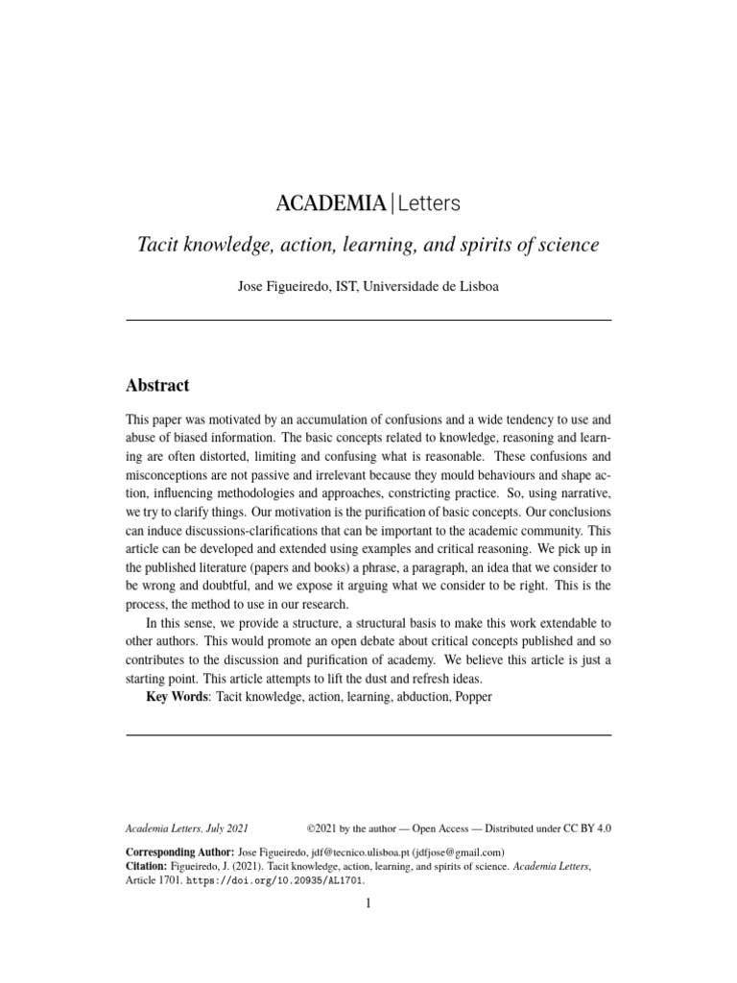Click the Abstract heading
point(157,386)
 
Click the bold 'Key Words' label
point(177,696)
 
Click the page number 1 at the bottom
point(368,903)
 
